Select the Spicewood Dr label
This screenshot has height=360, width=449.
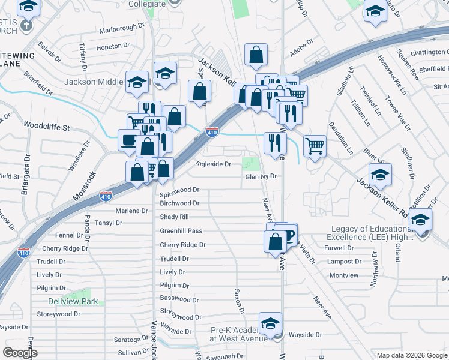point(179,190)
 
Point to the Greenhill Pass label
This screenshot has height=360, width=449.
point(181,231)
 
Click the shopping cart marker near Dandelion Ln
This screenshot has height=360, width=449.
point(315,145)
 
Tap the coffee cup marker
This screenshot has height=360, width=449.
point(129,140)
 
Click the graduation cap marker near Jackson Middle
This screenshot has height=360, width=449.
point(137,82)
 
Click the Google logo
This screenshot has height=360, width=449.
point(20,353)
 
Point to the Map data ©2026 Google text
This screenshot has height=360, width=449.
point(411,355)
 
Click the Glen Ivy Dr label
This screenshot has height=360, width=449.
point(260,176)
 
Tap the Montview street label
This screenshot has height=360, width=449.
point(344,275)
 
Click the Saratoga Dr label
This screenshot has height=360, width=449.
point(131,340)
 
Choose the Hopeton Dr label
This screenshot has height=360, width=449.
point(113,46)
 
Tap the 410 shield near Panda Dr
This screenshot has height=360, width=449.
point(106,196)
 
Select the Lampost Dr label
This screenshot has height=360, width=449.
point(344,262)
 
